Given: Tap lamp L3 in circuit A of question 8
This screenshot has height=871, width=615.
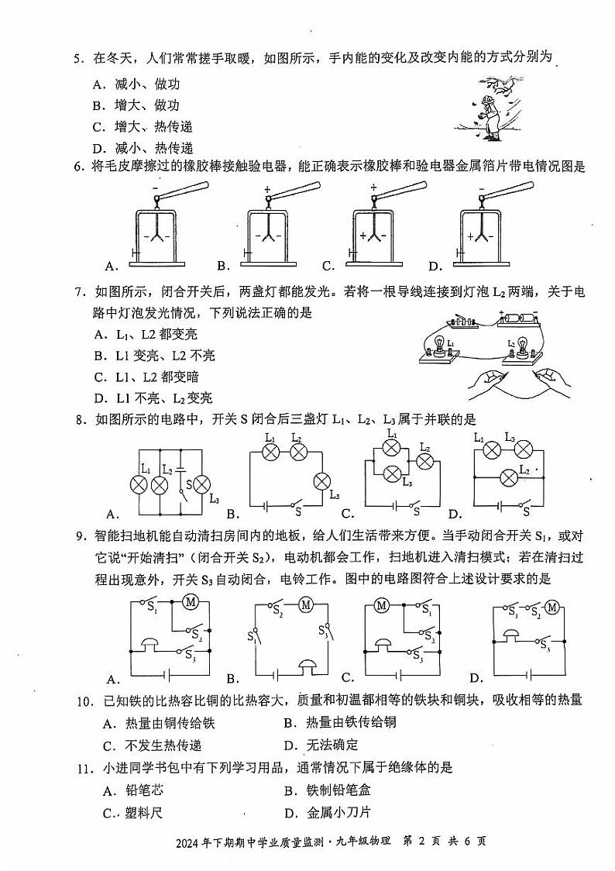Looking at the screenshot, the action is point(201,485).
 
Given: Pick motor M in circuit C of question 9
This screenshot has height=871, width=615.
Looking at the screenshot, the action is point(381,605).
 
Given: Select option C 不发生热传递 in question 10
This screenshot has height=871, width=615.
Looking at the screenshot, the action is point(152,745).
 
